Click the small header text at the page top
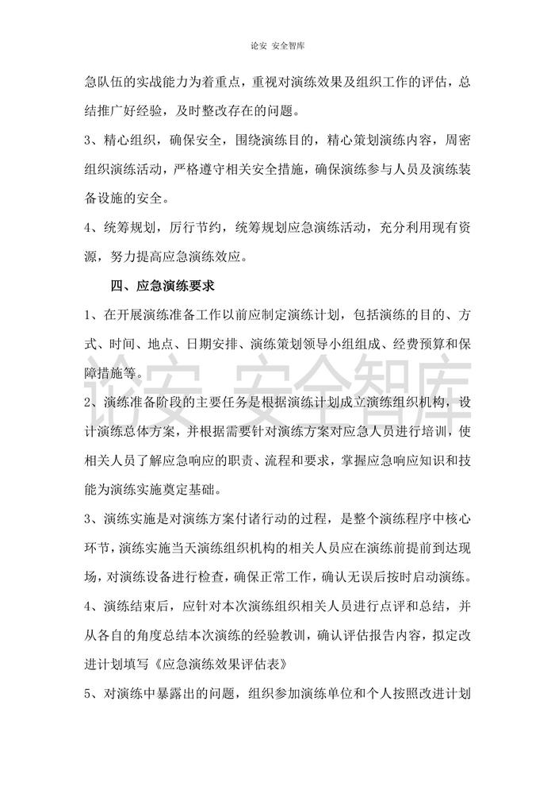coord(277,45)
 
